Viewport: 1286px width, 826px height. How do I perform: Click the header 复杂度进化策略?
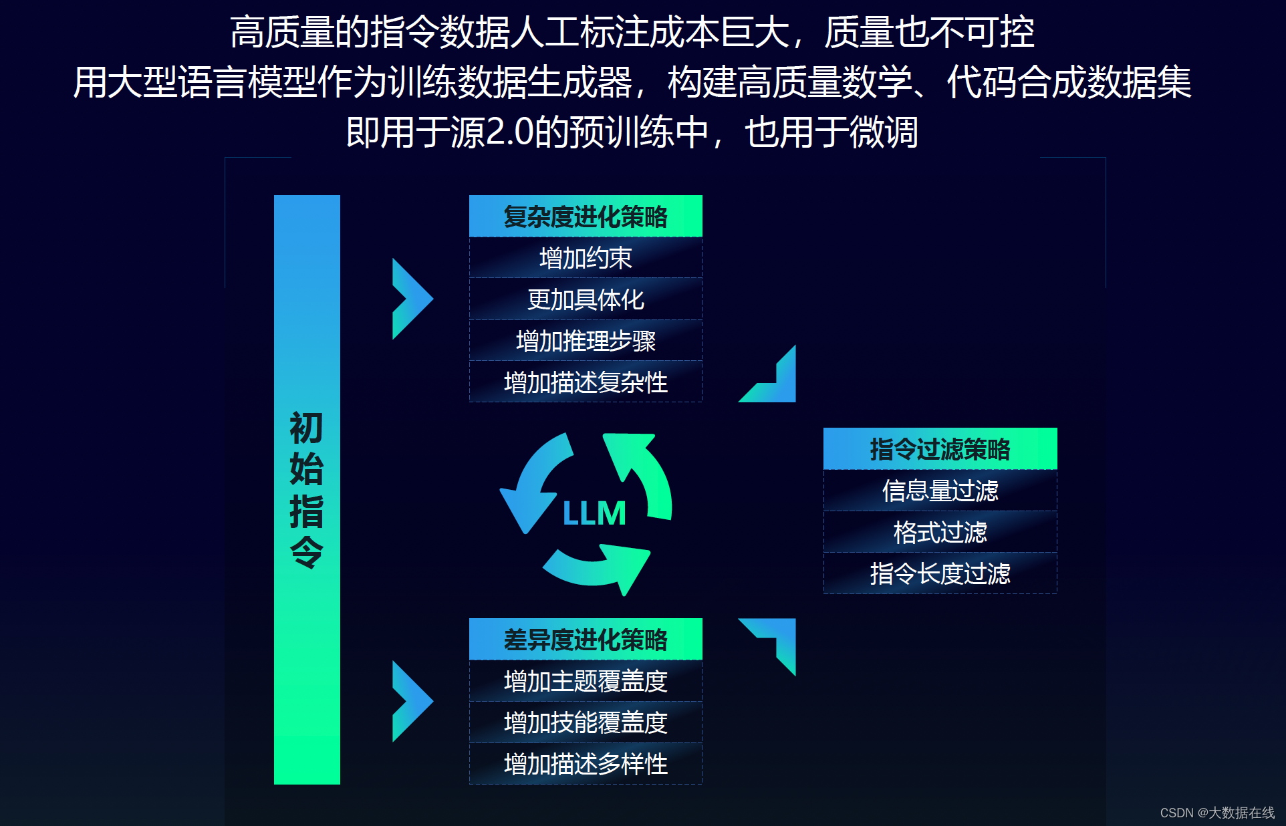pos(586,217)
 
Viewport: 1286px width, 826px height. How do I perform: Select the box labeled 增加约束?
pos(586,258)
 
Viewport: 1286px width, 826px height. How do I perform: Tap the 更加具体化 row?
pos(586,299)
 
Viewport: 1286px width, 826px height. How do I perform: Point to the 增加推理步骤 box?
pos(586,341)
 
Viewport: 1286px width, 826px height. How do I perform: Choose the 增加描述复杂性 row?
pos(586,382)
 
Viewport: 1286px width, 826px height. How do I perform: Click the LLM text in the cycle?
pos(594,513)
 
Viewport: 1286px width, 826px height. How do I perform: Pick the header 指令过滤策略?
pos(940,449)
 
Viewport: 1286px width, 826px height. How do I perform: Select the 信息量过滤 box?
pos(940,491)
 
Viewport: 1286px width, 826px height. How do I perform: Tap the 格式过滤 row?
pos(940,532)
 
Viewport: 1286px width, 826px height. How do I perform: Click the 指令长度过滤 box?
pos(940,573)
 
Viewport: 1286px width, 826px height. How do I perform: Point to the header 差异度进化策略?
pos(586,640)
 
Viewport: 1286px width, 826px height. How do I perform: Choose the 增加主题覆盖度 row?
pos(586,681)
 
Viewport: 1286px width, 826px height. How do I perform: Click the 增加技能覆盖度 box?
pos(586,722)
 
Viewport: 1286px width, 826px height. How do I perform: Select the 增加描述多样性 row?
pos(586,764)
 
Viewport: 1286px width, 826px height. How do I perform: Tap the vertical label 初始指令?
pos(307,489)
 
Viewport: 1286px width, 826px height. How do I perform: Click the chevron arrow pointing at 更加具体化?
pos(410,299)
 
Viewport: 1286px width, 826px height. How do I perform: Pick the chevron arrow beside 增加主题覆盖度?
pos(410,701)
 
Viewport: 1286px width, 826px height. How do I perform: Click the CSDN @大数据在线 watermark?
pos(1216,813)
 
